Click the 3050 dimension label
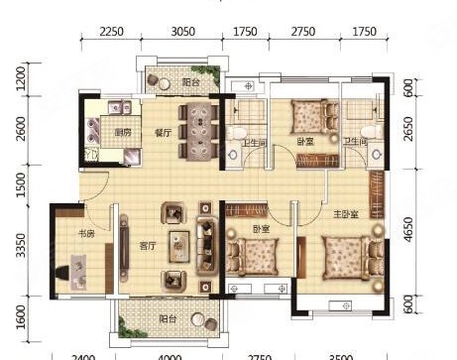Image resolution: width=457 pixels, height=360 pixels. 180,32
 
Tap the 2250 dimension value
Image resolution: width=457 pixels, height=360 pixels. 112,32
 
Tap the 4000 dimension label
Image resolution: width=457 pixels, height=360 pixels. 170,355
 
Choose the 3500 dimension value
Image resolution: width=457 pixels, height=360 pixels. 340,355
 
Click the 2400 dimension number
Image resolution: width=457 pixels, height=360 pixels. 83,355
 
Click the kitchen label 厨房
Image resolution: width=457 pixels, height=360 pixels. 124,132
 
